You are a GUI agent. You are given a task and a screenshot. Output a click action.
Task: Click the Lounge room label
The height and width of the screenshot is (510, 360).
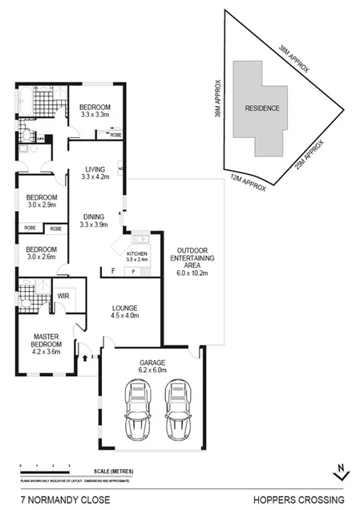point(124,311)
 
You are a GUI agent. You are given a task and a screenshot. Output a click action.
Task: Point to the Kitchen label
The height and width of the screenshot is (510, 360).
point(138,255)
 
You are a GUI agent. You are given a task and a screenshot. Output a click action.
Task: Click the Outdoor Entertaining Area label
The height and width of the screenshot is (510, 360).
point(191,260)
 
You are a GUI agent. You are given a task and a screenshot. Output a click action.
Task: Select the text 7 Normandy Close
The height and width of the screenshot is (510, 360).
point(56,498)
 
